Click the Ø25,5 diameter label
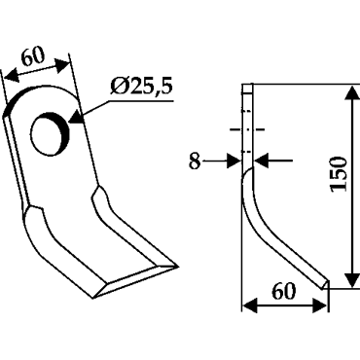pos(141,87)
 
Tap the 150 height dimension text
pos(338,174)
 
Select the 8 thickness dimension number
pos(195,162)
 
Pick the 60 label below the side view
pos(284,291)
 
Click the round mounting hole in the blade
pos(50,134)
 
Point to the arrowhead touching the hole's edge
pos(76,117)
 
